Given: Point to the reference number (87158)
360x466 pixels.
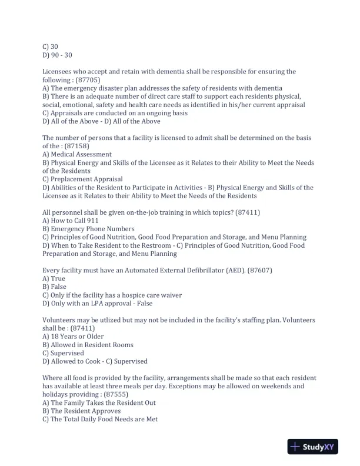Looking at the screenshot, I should point(79,146).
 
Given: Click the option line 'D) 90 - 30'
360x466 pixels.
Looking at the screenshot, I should point(58,55).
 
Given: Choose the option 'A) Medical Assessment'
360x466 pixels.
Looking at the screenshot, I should point(77,154).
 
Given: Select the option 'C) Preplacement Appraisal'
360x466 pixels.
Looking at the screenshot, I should point(82,179).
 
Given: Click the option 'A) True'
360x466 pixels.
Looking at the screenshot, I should point(54,278).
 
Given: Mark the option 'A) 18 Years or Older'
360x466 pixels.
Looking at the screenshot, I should point(73,337).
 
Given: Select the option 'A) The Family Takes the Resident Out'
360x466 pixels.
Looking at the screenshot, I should point(103,402).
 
